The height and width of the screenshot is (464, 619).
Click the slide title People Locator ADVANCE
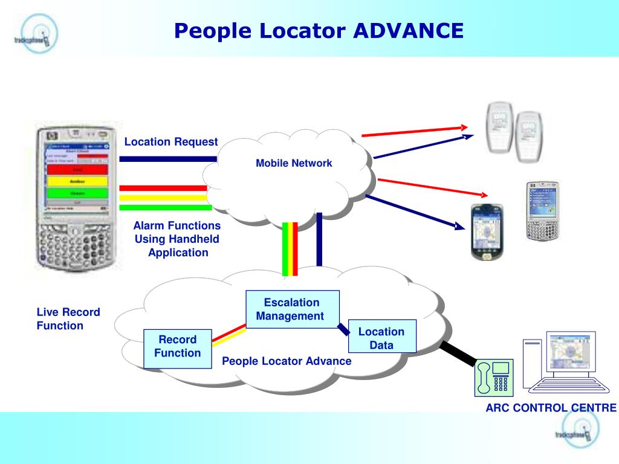pos(319,30)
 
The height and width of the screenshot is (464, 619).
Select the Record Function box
pos(178,347)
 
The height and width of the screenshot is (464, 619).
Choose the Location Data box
pos(382,338)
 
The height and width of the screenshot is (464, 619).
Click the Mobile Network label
pos(294,163)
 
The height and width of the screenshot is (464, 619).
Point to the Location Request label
pos(171,142)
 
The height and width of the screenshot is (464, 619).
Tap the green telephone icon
pos(494,377)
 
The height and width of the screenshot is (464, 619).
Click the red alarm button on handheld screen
pos(77,170)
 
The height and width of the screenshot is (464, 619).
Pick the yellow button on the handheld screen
pos(77,181)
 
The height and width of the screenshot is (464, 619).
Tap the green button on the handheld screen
pos(77,193)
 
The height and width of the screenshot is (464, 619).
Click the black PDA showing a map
pos(487,232)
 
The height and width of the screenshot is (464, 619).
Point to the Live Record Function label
pos(68,319)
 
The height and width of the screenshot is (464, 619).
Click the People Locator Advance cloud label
pos(287,361)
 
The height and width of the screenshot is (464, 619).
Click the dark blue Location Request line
pos(168,159)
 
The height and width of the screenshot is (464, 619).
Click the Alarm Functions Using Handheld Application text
pos(177,239)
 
